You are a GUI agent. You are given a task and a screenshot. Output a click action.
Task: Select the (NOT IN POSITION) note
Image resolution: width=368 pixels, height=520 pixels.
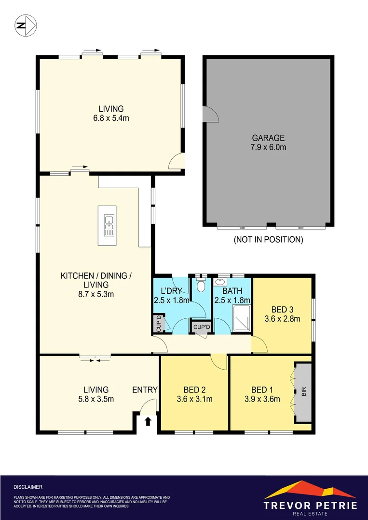[x=268, y=239]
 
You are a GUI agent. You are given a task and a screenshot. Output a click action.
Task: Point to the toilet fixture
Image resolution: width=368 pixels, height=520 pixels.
[x=202, y=287]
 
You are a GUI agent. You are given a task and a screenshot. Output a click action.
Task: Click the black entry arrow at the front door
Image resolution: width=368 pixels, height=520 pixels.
[x=148, y=422]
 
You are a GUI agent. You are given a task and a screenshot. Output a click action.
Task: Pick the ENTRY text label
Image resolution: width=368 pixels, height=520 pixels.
[x=145, y=390]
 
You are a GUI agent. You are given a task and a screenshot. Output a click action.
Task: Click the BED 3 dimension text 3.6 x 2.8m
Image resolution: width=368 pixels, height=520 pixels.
[x=282, y=318]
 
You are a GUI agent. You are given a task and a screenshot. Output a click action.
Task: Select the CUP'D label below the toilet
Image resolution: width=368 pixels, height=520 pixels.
[x=202, y=327]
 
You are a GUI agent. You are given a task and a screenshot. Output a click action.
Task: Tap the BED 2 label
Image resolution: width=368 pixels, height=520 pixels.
[x=195, y=390]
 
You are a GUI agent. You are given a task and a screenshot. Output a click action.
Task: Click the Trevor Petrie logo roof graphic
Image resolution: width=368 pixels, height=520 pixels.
[x=310, y=490]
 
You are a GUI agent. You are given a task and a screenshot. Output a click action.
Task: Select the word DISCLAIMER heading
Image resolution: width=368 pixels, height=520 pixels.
[x=28, y=487]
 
